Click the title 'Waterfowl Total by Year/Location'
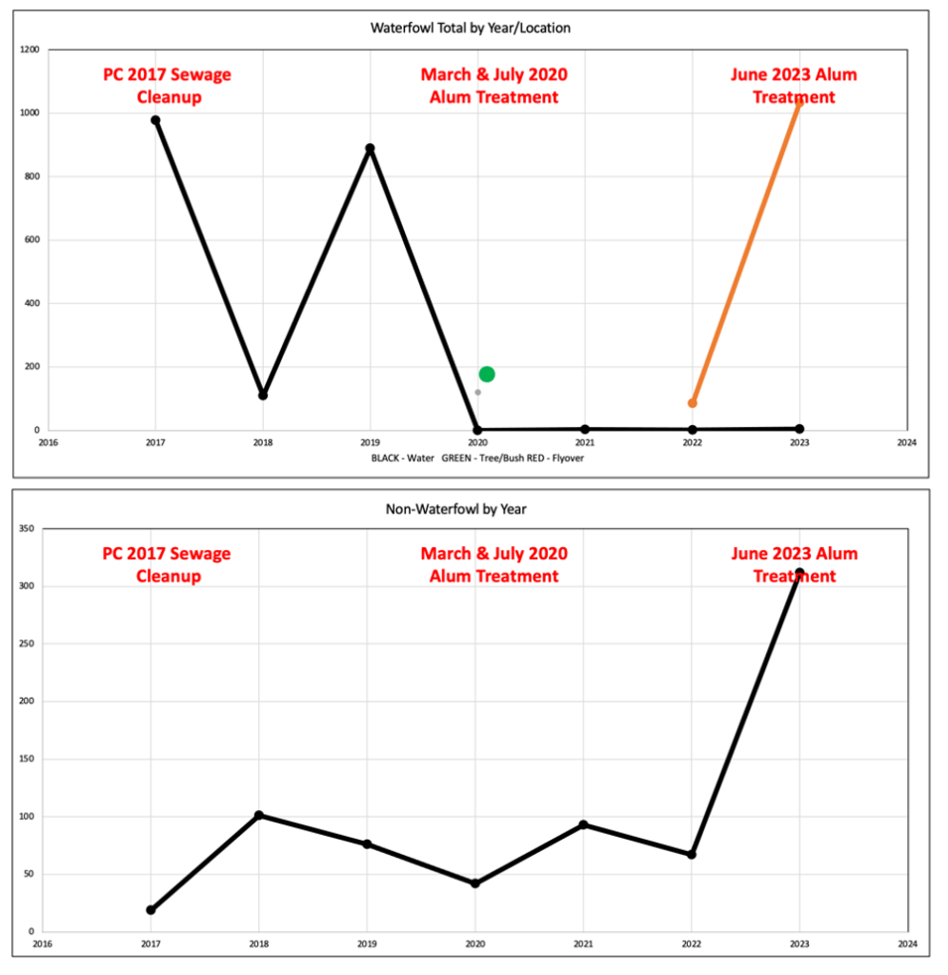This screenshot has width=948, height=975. [470, 28]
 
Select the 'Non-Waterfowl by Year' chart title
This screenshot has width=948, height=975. [455, 509]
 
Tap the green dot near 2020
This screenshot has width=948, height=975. [487, 374]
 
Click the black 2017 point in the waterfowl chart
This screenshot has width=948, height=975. [155, 120]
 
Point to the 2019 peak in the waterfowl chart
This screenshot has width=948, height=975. [370, 149]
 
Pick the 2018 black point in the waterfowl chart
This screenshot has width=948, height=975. [263, 395]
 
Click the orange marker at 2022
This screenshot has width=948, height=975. [693, 403]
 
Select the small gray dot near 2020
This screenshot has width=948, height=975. [477, 393]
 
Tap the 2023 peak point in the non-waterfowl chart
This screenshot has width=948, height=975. [799, 573]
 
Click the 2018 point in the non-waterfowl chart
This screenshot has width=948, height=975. [258, 816]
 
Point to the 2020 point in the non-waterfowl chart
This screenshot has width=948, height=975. [474, 884]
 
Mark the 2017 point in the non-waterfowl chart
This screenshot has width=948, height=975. [151, 909]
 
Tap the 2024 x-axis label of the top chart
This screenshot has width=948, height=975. [906, 442]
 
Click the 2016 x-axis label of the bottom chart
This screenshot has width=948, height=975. [43, 944]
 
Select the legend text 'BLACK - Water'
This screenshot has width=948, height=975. [403, 457]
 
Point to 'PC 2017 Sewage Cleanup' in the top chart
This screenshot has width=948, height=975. [169, 86]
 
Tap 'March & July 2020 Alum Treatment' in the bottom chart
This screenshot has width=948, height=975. [494, 565]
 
